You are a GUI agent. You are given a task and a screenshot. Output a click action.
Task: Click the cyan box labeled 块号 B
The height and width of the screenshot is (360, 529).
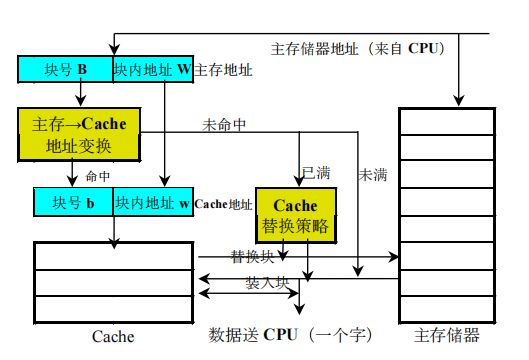click(65, 70)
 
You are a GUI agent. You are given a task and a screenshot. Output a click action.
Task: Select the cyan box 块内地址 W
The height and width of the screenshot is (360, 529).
click(152, 70)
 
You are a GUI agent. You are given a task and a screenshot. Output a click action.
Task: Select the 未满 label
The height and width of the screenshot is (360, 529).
click(372, 173)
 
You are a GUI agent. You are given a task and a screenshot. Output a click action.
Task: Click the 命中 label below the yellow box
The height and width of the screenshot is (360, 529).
click(97, 175)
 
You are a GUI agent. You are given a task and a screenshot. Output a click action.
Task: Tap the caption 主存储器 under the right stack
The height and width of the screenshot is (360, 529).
click(448, 335)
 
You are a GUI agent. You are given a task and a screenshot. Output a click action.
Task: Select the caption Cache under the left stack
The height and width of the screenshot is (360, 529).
click(112, 336)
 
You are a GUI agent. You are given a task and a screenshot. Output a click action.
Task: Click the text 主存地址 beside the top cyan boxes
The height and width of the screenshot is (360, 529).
click(223, 70)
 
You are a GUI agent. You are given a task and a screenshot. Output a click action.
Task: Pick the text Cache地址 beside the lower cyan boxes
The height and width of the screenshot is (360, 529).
click(224, 203)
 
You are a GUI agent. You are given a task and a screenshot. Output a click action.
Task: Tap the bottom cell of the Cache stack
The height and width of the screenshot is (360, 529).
click(112, 308)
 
